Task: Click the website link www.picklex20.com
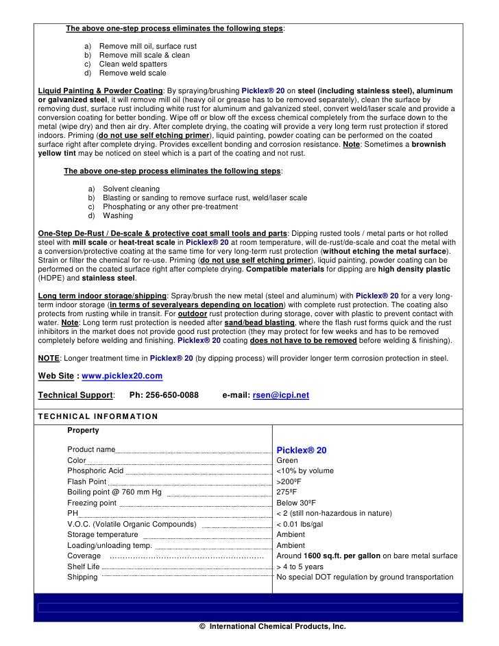click(122, 376)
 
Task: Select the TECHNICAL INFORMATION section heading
click(98, 416)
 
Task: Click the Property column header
click(83, 431)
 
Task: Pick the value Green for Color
click(287, 461)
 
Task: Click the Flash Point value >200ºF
click(289, 481)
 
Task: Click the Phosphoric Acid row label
click(95, 471)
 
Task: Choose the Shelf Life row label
click(84, 567)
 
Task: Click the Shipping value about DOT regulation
click(364, 577)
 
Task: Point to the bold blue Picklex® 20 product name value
click(302, 450)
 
